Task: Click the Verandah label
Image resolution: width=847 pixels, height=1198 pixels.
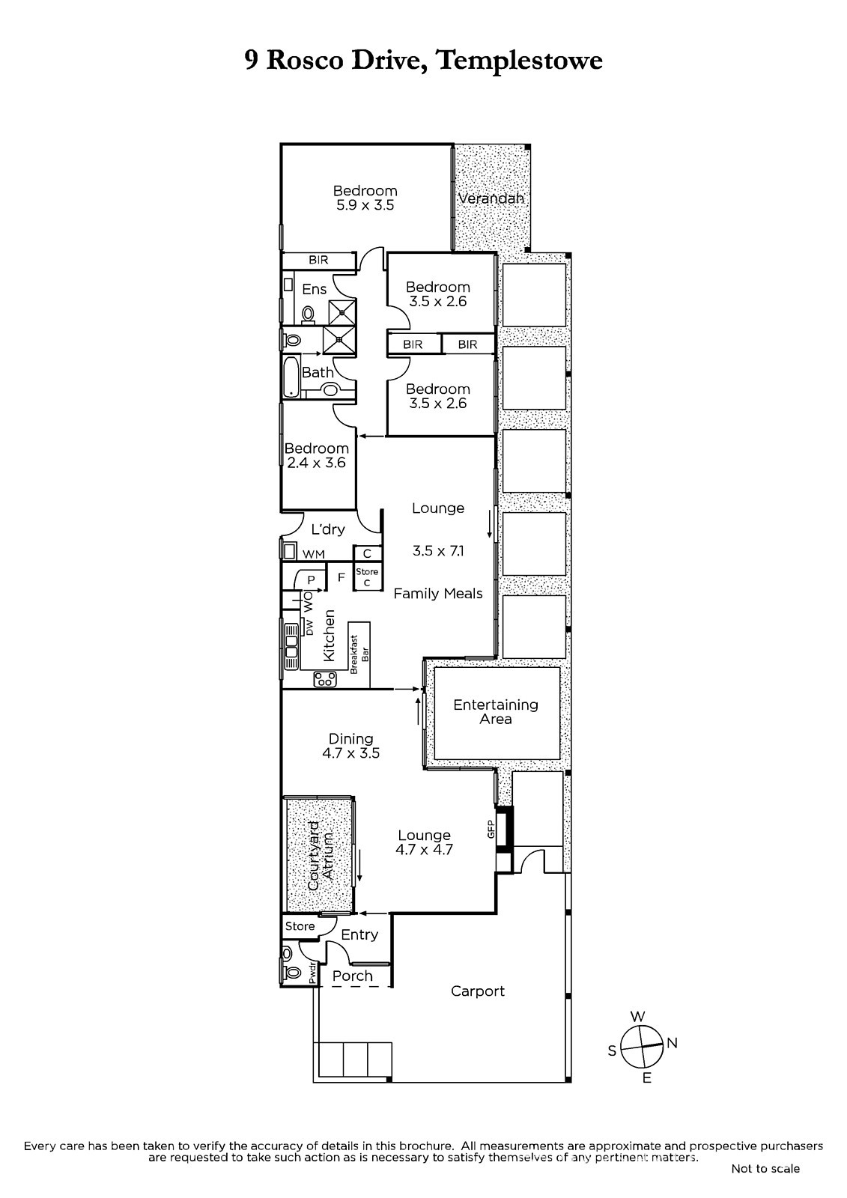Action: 491,198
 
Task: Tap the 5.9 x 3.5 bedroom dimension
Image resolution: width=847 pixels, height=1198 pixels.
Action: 365,205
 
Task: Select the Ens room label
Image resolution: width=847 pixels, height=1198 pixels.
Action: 314,289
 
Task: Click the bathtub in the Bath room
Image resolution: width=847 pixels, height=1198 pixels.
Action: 291,377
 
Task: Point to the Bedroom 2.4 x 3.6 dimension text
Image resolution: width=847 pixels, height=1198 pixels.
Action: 316,463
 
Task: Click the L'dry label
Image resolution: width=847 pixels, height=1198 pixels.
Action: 328,529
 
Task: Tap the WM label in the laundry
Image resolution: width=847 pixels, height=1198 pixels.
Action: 314,555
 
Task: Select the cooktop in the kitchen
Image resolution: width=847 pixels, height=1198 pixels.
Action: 325,679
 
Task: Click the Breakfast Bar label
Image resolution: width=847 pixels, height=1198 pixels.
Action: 359,654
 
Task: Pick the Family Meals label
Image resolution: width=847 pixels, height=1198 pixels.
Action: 438,593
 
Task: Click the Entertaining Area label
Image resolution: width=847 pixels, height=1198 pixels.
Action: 496,712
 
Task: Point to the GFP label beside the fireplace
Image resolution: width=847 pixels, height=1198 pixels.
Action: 490,830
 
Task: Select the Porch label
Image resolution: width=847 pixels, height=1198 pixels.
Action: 353,976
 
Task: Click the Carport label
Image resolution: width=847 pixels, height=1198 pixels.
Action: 478,991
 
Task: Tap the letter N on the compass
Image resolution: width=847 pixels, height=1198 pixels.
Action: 673,1042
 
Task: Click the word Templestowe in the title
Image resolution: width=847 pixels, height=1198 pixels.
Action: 520,61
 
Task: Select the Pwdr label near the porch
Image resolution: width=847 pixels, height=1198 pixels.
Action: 312,973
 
